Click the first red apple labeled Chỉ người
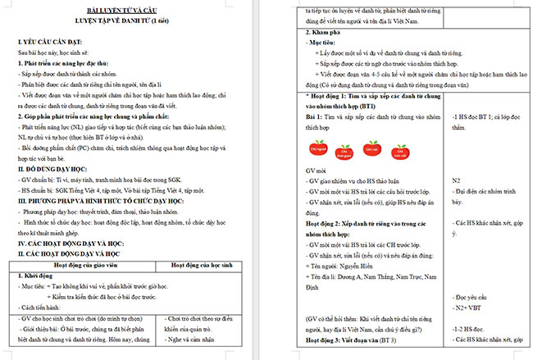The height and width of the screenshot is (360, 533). tap(320, 149)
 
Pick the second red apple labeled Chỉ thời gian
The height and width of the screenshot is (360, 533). tap(347, 150)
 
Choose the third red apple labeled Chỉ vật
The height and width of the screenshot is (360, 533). tap(374, 149)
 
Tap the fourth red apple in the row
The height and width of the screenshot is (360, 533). tap(401, 149)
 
